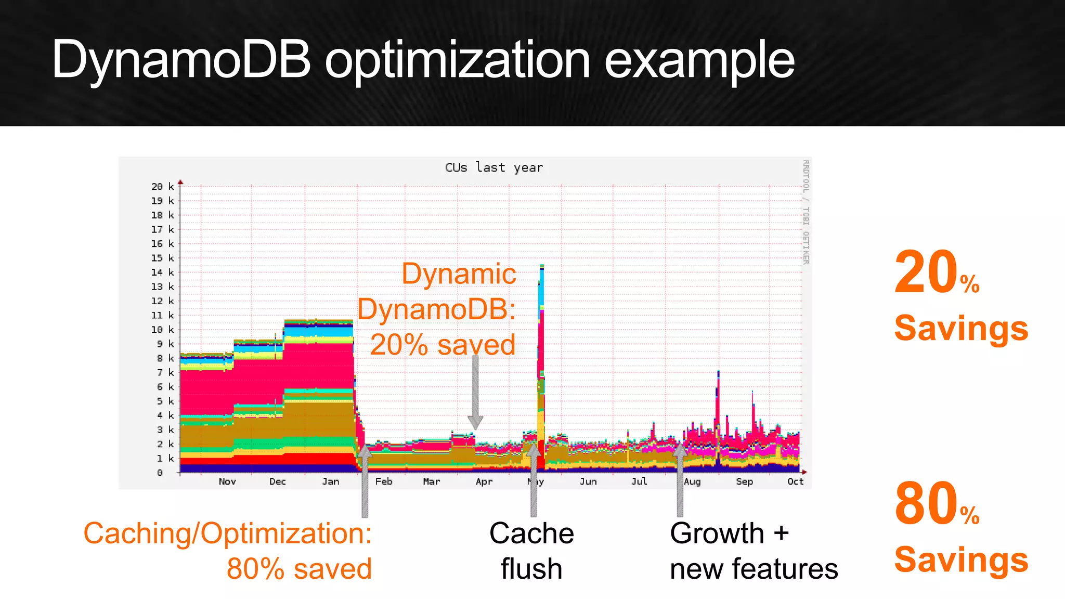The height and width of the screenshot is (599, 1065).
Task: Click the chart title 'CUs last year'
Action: click(x=493, y=167)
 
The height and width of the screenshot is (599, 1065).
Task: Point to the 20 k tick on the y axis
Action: click(x=162, y=186)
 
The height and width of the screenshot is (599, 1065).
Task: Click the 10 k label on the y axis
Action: click(x=162, y=330)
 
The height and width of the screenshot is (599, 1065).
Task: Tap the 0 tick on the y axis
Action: click(x=160, y=473)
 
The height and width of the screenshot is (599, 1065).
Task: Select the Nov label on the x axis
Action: click(x=227, y=481)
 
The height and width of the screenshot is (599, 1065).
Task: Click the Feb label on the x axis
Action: click(x=384, y=481)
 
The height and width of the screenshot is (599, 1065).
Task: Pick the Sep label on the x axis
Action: click(x=744, y=481)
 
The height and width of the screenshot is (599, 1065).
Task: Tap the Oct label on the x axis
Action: click(x=795, y=481)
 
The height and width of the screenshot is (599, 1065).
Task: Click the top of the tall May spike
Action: click(x=542, y=266)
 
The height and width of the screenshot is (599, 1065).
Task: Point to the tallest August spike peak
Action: click(x=718, y=371)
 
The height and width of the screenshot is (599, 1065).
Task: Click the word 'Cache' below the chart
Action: click(x=531, y=533)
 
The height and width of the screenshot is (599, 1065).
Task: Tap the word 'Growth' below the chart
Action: click(x=717, y=533)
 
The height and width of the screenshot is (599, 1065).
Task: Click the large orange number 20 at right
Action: click(x=926, y=273)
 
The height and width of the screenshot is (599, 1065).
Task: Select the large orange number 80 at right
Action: click(x=926, y=504)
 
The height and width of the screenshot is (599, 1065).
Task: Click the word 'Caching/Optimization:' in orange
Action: click(x=228, y=534)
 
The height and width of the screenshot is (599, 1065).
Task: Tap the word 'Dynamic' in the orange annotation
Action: click(x=459, y=274)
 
